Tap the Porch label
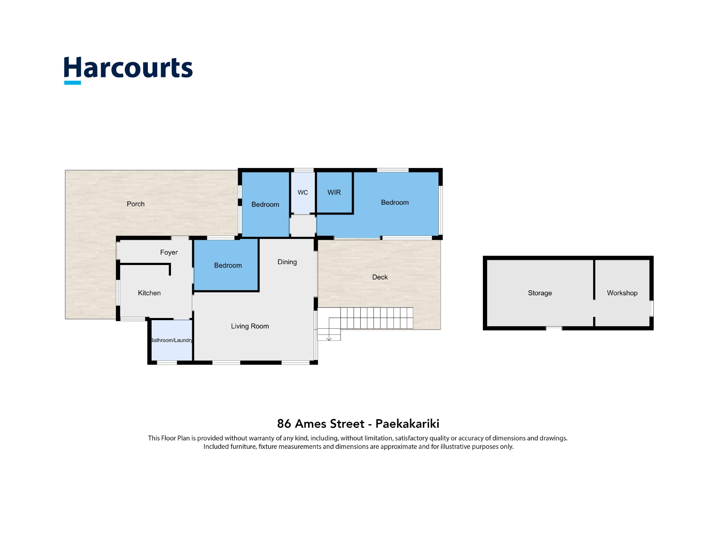135,204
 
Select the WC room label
303,192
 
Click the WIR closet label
334,192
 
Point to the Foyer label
169,252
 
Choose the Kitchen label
149,293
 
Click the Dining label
287,262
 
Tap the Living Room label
250,326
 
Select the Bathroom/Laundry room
172,340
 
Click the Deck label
380,277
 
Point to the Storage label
540,293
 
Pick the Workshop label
622,293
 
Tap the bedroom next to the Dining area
226,265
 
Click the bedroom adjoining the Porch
265,204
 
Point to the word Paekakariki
407,424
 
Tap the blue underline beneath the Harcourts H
72,83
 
